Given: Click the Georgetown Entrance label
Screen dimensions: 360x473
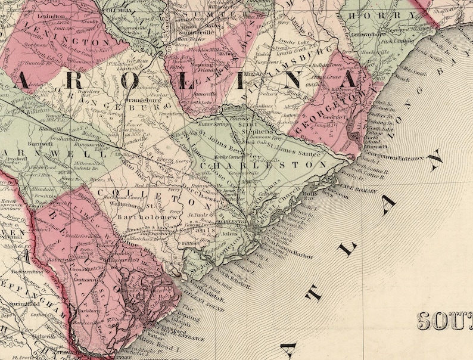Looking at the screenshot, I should [400, 158].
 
